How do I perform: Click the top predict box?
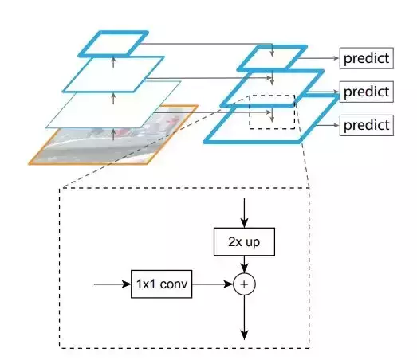tap(367, 58)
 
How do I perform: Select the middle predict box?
tap(367, 92)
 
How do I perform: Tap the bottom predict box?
tap(367, 125)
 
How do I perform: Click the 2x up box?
tap(244, 242)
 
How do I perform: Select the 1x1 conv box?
tap(161, 284)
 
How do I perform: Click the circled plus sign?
tap(244, 284)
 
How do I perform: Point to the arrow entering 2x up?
tap(244, 213)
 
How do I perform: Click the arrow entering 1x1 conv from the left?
tap(112, 284)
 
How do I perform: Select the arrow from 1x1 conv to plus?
tap(213, 284)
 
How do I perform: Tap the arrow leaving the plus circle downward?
tap(244, 318)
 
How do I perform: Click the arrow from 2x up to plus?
tap(244, 264)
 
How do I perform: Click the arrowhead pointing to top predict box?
tap(337, 58)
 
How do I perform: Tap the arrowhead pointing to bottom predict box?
tap(337, 125)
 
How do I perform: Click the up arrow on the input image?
tap(113, 134)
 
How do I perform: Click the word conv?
tap(174, 284)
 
